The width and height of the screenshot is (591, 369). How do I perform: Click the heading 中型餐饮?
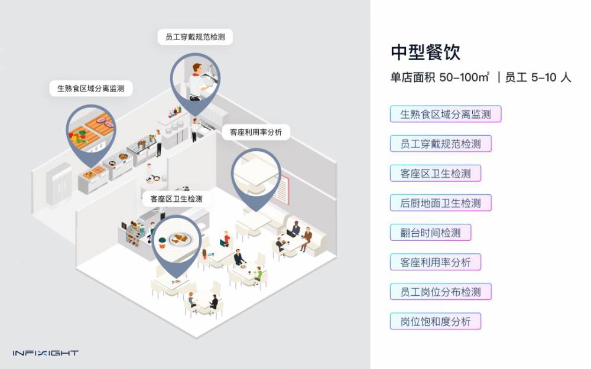click(x=426, y=52)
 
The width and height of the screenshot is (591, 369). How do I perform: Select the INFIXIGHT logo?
click(x=46, y=353)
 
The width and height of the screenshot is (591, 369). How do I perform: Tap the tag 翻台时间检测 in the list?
click(x=430, y=233)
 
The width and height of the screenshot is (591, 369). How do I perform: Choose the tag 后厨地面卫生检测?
click(x=440, y=203)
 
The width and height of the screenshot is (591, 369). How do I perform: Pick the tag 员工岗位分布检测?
click(x=440, y=292)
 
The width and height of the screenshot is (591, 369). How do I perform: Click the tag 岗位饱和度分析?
click(x=436, y=322)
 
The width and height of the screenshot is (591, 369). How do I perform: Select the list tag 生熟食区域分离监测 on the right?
click(x=446, y=114)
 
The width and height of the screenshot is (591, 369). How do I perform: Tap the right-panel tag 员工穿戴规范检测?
click(x=440, y=143)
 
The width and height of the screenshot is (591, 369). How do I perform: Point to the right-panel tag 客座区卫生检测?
click(x=436, y=174)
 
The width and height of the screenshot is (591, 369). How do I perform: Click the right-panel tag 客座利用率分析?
click(x=436, y=262)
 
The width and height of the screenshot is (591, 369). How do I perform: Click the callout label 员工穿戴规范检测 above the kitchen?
click(x=195, y=37)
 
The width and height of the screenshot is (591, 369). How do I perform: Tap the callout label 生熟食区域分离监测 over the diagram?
click(x=90, y=89)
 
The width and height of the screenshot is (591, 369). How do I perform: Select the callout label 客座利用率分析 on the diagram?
click(x=256, y=133)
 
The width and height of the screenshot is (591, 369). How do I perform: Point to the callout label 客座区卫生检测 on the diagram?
click(x=177, y=199)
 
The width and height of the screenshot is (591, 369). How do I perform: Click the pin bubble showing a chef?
click(x=195, y=77)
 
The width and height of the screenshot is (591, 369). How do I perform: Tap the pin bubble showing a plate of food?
click(x=177, y=239)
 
